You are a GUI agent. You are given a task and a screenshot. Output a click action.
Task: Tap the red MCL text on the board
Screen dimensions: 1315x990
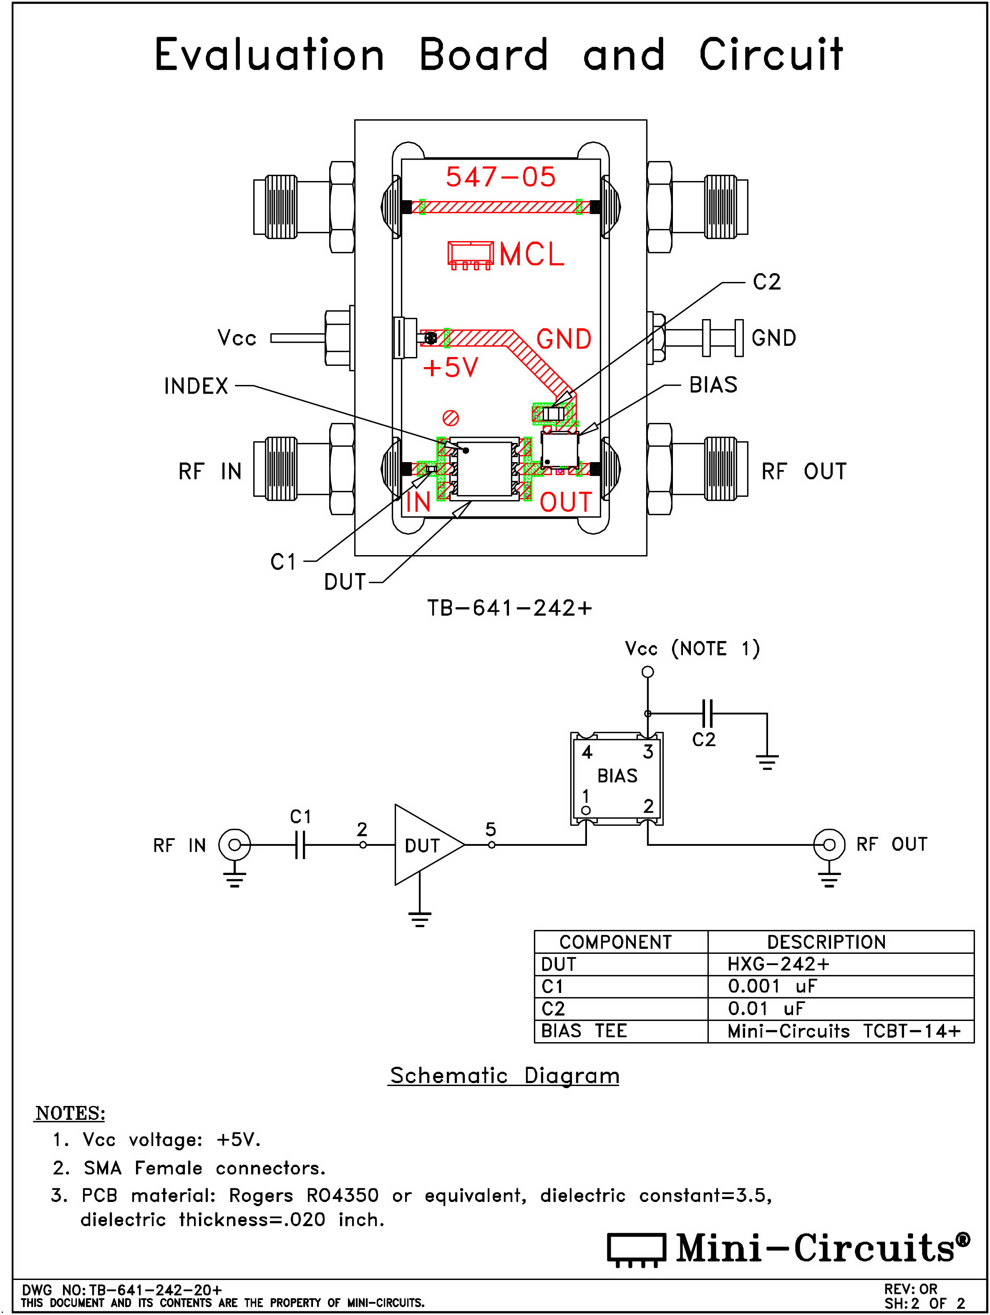tap(532, 254)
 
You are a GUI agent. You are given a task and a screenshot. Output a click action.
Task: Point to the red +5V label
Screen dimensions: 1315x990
tap(450, 367)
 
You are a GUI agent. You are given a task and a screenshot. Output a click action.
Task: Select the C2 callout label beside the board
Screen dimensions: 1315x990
tap(766, 282)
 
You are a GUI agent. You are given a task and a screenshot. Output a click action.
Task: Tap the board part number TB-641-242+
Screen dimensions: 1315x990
tap(509, 608)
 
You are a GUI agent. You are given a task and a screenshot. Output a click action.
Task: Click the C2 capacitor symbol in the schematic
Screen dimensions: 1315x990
tap(708, 713)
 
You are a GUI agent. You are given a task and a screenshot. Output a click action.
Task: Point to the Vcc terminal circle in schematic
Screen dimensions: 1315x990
tap(647, 672)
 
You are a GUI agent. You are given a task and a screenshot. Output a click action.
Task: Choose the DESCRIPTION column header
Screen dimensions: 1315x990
tap(826, 942)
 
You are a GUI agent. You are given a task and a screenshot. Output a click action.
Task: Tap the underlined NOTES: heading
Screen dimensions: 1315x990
tap(70, 1113)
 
